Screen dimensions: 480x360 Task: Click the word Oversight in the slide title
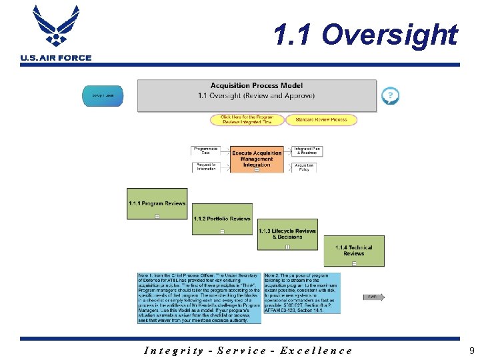pyautogui.click(x=393, y=35)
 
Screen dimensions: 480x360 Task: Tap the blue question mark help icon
pyautogui.click(x=390, y=97)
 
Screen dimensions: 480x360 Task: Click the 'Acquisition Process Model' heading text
pyautogui.click(x=256, y=85)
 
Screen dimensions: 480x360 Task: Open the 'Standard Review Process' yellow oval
pyautogui.click(x=321, y=120)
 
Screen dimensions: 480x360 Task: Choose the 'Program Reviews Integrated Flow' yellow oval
pyautogui.click(x=247, y=120)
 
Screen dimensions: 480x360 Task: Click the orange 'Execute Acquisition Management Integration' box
pyautogui.click(x=257, y=159)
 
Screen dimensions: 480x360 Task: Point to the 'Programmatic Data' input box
pyautogui.click(x=206, y=151)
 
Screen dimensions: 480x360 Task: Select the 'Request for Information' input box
pyautogui.click(x=206, y=167)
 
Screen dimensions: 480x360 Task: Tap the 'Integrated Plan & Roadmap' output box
pyautogui.click(x=307, y=151)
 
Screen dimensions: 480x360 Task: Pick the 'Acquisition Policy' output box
pyautogui.click(x=305, y=167)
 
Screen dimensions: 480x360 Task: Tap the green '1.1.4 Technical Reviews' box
pyautogui.click(x=353, y=251)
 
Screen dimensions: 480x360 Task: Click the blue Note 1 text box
pyautogui.click(x=199, y=297)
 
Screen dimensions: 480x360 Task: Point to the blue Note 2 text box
pyautogui.click(x=301, y=293)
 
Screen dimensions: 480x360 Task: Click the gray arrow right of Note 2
pyautogui.click(x=374, y=297)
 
